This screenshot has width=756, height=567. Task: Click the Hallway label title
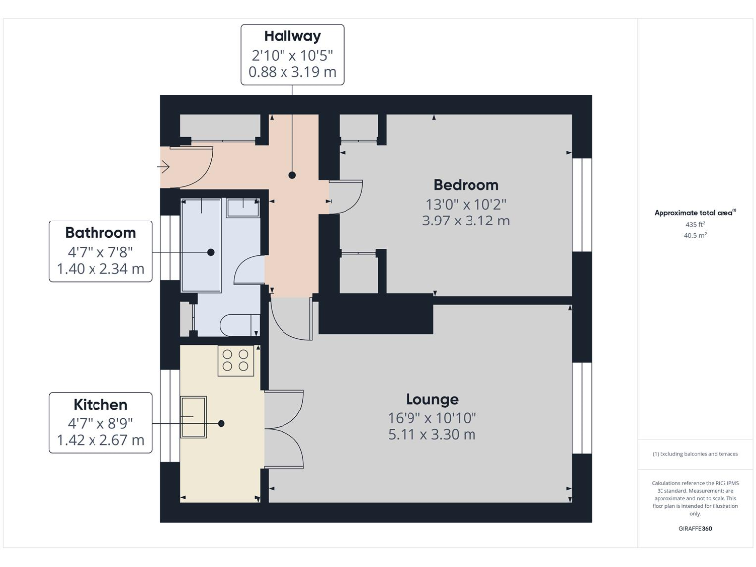292,36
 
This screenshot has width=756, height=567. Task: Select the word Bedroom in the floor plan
466,185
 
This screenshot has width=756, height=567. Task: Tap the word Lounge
431,399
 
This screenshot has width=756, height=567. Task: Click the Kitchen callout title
100,405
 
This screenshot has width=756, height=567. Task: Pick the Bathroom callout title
100,233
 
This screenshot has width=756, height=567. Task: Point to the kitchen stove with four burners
236,359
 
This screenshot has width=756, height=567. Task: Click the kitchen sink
192,416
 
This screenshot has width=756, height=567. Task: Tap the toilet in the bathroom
241,208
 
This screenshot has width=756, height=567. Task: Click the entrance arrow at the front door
162,166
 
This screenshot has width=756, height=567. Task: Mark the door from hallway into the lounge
293,317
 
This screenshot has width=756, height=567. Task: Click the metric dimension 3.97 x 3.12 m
466,220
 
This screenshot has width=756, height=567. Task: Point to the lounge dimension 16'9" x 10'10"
431,417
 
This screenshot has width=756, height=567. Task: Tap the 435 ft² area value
695,224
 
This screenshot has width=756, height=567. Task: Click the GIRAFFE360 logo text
695,529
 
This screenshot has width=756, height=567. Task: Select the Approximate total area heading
695,212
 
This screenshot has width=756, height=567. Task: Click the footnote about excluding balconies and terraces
695,454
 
